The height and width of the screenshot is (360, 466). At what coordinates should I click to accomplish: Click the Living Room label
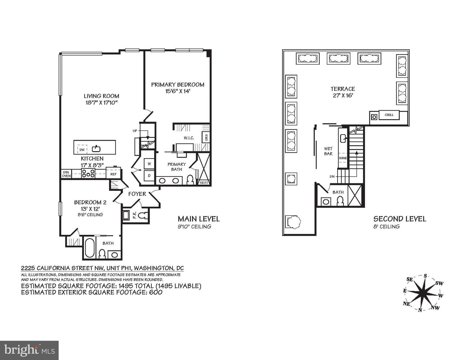pyautogui.click(x=101, y=96)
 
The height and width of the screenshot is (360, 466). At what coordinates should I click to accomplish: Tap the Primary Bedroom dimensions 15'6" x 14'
pyautogui.click(x=178, y=92)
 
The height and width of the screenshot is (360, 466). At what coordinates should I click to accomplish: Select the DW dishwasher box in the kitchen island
pyautogui.click(x=82, y=149)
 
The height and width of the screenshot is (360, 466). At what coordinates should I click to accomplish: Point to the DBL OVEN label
pyautogui.click(x=66, y=174)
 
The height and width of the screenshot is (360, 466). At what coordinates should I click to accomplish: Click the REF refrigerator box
pyautogui.click(x=113, y=174)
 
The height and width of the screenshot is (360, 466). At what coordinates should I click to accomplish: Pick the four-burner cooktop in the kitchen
pyautogui.click(x=88, y=174)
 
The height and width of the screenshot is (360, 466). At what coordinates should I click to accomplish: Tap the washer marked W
pyautogui.click(x=149, y=164)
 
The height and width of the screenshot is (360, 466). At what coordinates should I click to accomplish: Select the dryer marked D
pyautogui.click(x=149, y=176)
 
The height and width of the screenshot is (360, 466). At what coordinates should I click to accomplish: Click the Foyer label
pyautogui.click(x=137, y=194)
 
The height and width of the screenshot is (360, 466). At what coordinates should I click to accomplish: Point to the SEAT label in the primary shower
pyautogui.click(x=204, y=182)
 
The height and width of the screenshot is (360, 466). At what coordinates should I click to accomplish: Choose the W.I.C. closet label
pyautogui.click(x=189, y=138)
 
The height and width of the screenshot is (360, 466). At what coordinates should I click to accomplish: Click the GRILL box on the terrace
pyautogui.click(x=389, y=115)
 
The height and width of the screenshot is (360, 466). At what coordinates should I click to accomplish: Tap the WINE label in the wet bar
pyautogui.click(x=343, y=158)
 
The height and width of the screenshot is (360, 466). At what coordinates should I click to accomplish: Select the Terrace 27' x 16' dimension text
pyautogui.click(x=342, y=95)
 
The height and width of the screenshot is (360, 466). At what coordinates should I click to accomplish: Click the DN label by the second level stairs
pyautogui.click(x=332, y=177)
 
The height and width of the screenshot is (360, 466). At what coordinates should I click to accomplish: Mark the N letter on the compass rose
pyautogui.click(x=420, y=310)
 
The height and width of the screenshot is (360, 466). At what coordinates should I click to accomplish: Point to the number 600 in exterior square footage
pyautogui.click(x=155, y=292)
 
